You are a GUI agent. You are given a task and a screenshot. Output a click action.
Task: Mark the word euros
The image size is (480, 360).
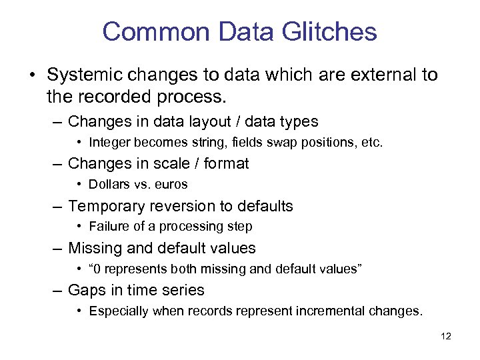(x=171, y=184)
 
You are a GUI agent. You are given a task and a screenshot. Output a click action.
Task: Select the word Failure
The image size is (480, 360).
(x=107, y=226)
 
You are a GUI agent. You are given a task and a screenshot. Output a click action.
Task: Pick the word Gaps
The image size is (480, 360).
(x=85, y=290)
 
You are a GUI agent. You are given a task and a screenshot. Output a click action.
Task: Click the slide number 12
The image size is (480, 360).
(x=446, y=337)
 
